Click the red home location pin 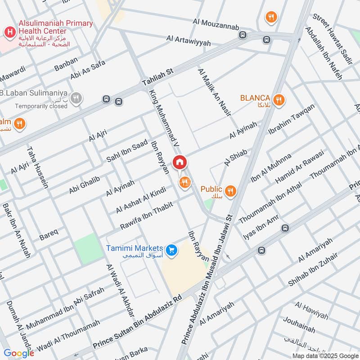[180, 162]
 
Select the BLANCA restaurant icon [279, 99]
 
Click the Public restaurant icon [230, 191]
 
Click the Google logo [18, 353]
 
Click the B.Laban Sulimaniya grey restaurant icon [76, 98]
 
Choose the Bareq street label [49, 234]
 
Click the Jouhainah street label [299, 325]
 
